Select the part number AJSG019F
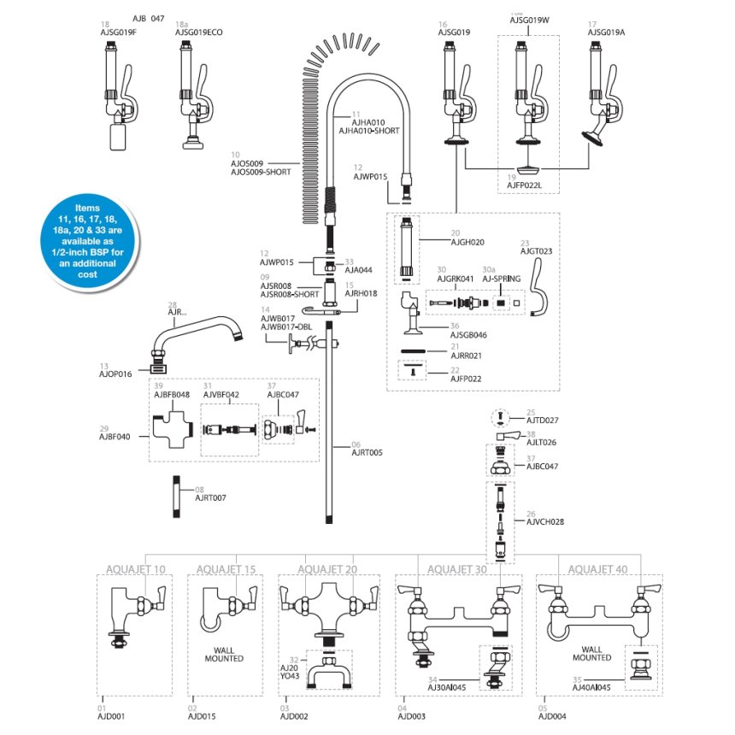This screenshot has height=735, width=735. coord(119,32)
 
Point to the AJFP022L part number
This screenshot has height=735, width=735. coord(525,183)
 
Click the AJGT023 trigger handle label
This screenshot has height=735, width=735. coord(537,251)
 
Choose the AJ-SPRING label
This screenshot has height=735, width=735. coord(501,278)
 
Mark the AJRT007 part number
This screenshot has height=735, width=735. coord(211,497)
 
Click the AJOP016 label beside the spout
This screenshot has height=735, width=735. coord(116,374)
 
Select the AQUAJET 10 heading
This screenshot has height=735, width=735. coord(137,569)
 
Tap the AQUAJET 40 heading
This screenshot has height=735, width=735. coord(597,569)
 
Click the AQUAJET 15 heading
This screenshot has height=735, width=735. coord(226,569)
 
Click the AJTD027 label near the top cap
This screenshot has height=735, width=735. coord(543,420)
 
